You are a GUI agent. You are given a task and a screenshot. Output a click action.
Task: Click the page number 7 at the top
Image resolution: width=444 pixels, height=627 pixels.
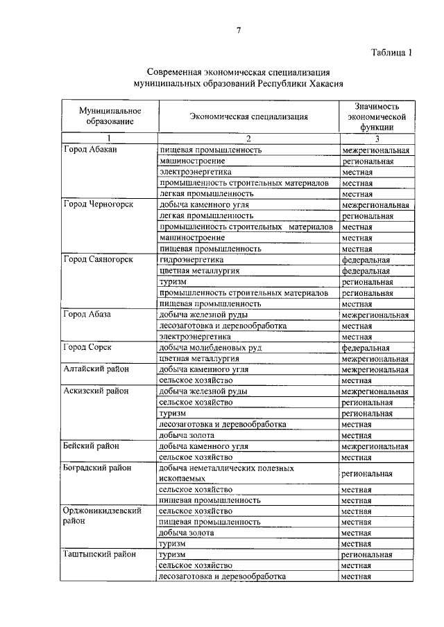[x=238, y=30]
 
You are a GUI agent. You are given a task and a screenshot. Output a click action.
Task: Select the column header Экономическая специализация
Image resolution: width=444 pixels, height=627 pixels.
[x=249, y=116]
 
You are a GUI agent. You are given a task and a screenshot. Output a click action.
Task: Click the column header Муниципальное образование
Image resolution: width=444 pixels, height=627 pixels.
[x=110, y=116]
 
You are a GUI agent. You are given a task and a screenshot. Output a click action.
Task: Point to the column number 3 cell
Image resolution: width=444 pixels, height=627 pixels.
[x=376, y=139]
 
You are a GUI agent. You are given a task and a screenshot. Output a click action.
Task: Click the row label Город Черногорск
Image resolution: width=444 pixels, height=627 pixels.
[x=97, y=205]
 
